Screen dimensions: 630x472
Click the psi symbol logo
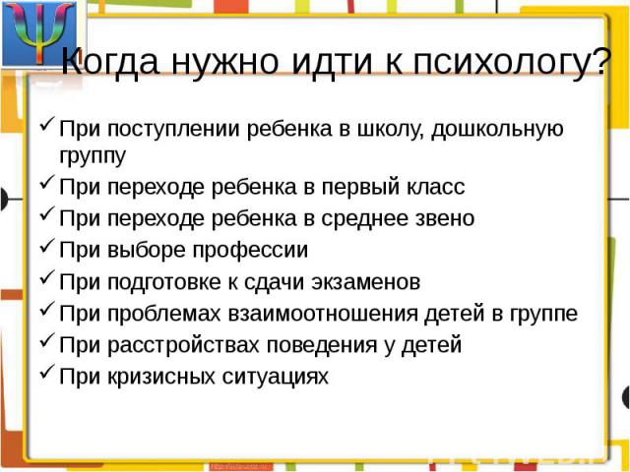39,32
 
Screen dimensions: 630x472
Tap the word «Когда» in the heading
110,62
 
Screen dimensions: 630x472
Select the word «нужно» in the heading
225,63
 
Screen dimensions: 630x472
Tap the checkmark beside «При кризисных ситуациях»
47,372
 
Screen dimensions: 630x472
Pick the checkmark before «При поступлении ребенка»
47,124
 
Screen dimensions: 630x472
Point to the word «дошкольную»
497,130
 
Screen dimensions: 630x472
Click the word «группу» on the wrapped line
93,156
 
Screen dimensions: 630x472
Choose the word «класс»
436,188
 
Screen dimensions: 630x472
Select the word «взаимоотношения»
324,314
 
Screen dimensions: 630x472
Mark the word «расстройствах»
184,346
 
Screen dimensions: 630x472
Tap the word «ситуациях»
276,378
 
